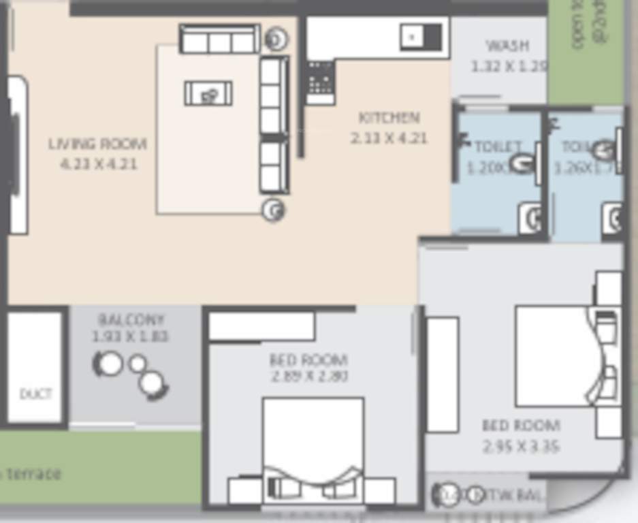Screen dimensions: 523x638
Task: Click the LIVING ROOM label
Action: pyautogui.click(x=97, y=144)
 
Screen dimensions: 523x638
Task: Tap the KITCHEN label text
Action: pyautogui.click(x=389, y=118)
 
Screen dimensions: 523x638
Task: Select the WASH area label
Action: pyautogui.click(x=507, y=46)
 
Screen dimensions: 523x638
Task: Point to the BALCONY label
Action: pyautogui.click(x=131, y=319)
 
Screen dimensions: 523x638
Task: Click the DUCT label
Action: pyautogui.click(x=35, y=394)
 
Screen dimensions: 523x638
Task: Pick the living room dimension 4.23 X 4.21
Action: pyautogui.click(x=99, y=164)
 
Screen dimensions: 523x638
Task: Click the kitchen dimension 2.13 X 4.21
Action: pyautogui.click(x=389, y=138)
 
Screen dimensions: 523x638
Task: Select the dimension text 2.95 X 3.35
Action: pyautogui.click(x=521, y=447)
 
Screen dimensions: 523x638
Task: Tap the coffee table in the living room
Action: pyautogui.click(x=208, y=93)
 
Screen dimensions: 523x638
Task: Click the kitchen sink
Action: pyautogui.click(x=422, y=37)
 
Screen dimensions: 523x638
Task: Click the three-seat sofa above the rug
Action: pyautogui.click(x=219, y=39)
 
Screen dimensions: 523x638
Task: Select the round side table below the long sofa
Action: pyautogui.click(x=274, y=210)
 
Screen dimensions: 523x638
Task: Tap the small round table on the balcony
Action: pyautogui.click(x=138, y=364)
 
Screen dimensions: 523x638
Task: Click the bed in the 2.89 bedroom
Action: pyautogui.click(x=313, y=443)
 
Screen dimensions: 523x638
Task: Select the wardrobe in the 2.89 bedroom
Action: pyautogui.click(x=261, y=326)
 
